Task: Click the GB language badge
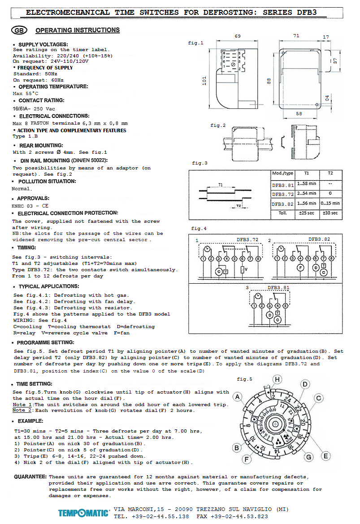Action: tap(19, 30)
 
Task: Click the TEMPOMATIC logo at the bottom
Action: tap(84, 513)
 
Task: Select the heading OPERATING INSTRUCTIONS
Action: tap(78, 30)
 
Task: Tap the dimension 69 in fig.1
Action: tap(238, 36)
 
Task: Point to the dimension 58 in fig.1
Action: tap(299, 113)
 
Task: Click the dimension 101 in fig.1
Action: tap(204, 81)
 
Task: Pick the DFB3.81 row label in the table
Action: tap(282, 185)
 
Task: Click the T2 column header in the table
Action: tap(330, 173)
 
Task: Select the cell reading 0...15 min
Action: tap(330, 203)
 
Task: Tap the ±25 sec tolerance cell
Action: tap(307, 213)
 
